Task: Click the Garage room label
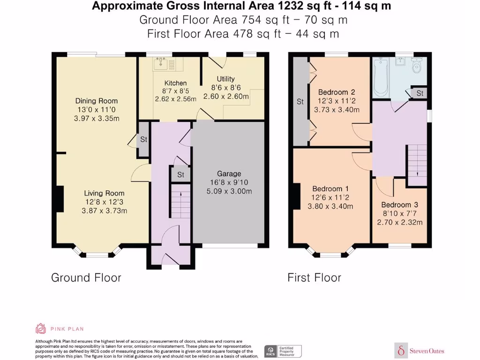coord(229,173)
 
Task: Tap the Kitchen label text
coord(175,83)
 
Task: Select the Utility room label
coord(225,79)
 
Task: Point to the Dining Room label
coord(97,101)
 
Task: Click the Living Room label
coord(104,193)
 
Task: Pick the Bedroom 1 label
coord(330,188)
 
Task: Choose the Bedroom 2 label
coord(336,92)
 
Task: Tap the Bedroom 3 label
coord(399,205)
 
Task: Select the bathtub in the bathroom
coord(380,77)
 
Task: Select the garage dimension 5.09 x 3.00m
coord(229,191)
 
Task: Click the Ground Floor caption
coord(86,277)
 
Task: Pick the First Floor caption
coord(314,277)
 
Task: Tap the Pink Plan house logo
coord(41,329)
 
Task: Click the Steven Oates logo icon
coord(401,350)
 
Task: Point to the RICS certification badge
coord(283,351)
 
